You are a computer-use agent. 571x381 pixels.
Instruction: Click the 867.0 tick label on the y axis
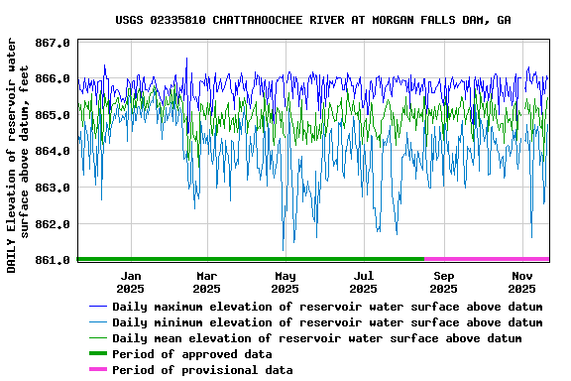coord(53,43)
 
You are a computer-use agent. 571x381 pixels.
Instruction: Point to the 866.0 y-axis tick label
coord(53,78)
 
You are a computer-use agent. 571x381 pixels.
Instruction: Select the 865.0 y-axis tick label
coord(53,115)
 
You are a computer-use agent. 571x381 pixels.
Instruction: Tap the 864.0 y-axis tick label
coord(53,152)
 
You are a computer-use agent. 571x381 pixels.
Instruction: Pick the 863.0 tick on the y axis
coord(53,188)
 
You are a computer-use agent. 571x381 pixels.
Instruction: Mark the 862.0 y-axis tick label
coord(53,224)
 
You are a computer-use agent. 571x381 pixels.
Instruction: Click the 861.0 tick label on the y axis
coord(53,260)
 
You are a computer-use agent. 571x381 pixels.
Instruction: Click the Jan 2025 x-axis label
coord(130,282)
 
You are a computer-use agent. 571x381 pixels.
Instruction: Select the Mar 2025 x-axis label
coord(206,282)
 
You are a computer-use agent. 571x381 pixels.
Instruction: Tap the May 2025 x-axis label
coord(285,282)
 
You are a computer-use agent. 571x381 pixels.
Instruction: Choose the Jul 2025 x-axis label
coord(364,282)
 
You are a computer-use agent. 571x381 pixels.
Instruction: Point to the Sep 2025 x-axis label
coord(444,282)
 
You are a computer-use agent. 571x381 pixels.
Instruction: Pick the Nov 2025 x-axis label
coord(522,282)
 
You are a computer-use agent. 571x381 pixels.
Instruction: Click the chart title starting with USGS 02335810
coord(313,20)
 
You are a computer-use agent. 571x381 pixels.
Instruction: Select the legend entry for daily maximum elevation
coord(327,307)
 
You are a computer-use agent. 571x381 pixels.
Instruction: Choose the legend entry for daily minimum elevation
coord(327,322)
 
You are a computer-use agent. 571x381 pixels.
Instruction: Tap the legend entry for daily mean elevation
coord(316,338)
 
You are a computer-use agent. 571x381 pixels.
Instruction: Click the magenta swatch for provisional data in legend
coord(97,370)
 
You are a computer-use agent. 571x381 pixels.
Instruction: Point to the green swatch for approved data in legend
coord(97,354)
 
